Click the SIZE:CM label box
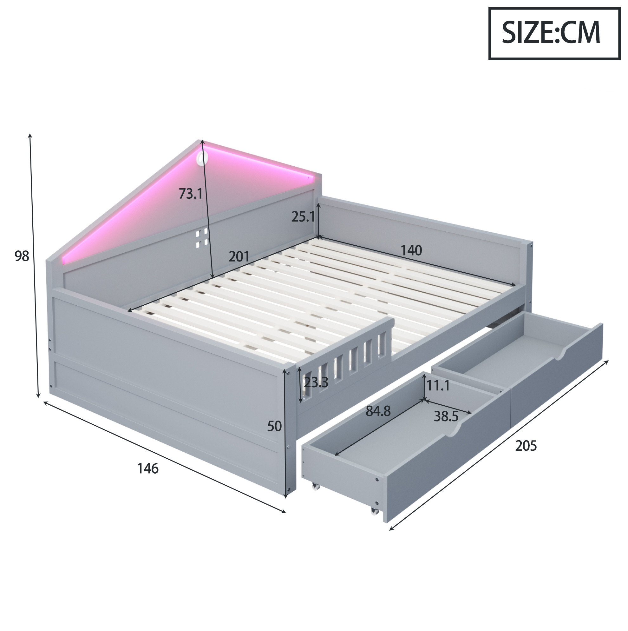point(554,34)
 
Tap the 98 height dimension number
point(22,256)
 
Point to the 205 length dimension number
point(526,446)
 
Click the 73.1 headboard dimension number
point(191,194)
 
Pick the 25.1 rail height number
point(303,216)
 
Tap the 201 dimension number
point(239,256)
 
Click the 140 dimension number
point(411,250)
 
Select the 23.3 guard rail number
point(316,382)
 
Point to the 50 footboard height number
point(274,426)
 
